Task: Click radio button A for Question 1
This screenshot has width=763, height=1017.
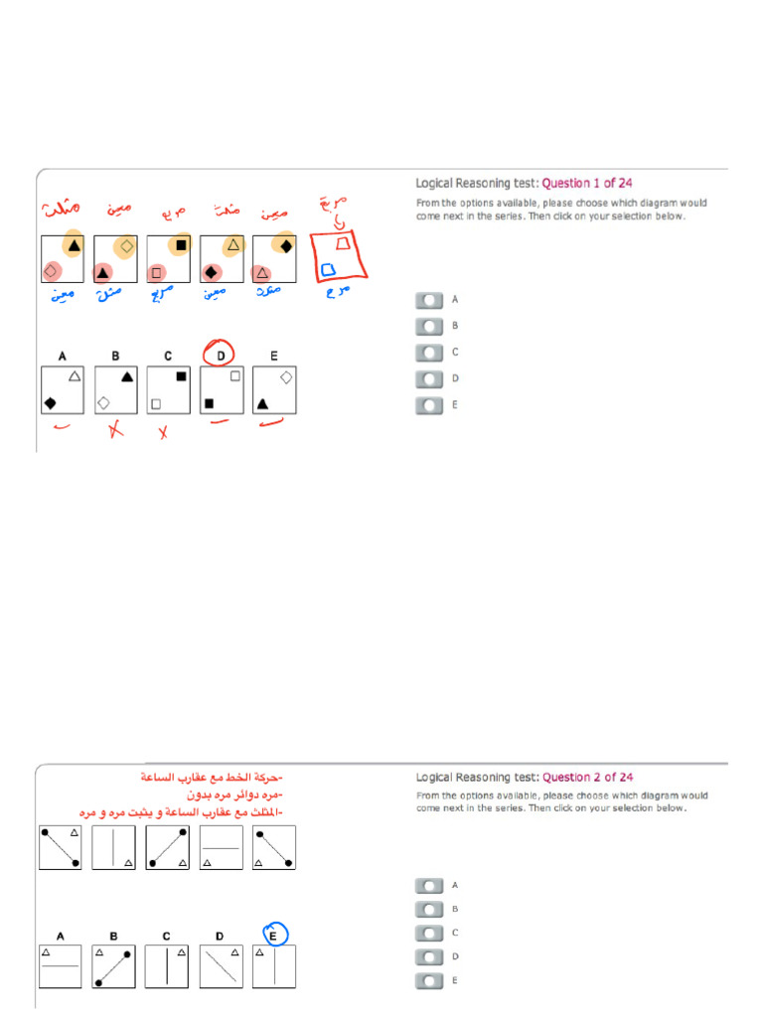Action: coord(429,299)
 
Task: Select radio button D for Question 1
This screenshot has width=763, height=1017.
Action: coord(429,378)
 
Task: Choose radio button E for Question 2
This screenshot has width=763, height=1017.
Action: coord(429,981)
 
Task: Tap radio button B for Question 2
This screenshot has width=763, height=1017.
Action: coord(429,909)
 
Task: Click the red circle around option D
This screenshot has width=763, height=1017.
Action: coord(221,353)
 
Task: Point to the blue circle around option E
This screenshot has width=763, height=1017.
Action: coord(274,935)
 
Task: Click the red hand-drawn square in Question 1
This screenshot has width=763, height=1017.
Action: coord(339,256)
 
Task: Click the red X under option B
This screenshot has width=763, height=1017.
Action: coord(115,430)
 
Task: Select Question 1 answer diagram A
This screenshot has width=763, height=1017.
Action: coord(62,389)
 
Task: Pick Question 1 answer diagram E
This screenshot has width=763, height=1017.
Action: coord(274,389)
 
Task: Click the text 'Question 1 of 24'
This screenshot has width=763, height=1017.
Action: coord(587,183)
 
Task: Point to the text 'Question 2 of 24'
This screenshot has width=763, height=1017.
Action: coord(587,778)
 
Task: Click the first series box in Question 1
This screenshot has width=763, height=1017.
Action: coord(62,258)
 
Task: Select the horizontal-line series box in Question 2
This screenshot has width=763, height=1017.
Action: coord(221,847)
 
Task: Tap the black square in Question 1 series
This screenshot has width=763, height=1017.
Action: coord(181,244)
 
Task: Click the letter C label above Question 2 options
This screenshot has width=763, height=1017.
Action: coord(167,936)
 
